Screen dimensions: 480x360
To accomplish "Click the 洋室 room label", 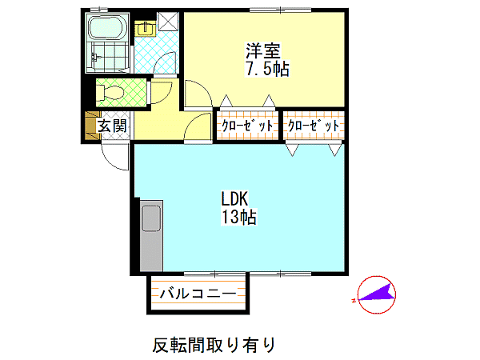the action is pos(263,51).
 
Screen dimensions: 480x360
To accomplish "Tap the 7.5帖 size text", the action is pos(267,69).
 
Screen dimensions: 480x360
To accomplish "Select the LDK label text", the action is pos(234,198).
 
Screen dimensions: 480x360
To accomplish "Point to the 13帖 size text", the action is pos(238,217).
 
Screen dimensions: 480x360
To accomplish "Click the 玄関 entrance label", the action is pos(112,126).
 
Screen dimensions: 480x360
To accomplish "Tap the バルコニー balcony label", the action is pos(198,294).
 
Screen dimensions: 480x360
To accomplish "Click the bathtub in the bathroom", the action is pos(107,27).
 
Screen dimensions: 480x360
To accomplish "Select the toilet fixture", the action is pos(110,92).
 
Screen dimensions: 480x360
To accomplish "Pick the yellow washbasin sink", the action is pos(146,29).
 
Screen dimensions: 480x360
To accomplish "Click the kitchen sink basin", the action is pos(151,218).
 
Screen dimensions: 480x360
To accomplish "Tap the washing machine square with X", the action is pos(168,22).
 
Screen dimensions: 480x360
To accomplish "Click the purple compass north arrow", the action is pos(376,293).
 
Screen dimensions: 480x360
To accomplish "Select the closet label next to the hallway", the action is pos(247,126).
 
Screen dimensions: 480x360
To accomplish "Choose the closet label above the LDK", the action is pos(314,126).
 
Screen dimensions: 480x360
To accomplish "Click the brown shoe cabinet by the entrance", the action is pos(90,126).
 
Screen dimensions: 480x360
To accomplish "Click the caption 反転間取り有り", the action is pos(214,345).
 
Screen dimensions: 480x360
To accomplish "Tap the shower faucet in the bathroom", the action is pos(95,57).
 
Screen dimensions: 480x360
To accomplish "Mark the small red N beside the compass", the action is pos(354,300).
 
